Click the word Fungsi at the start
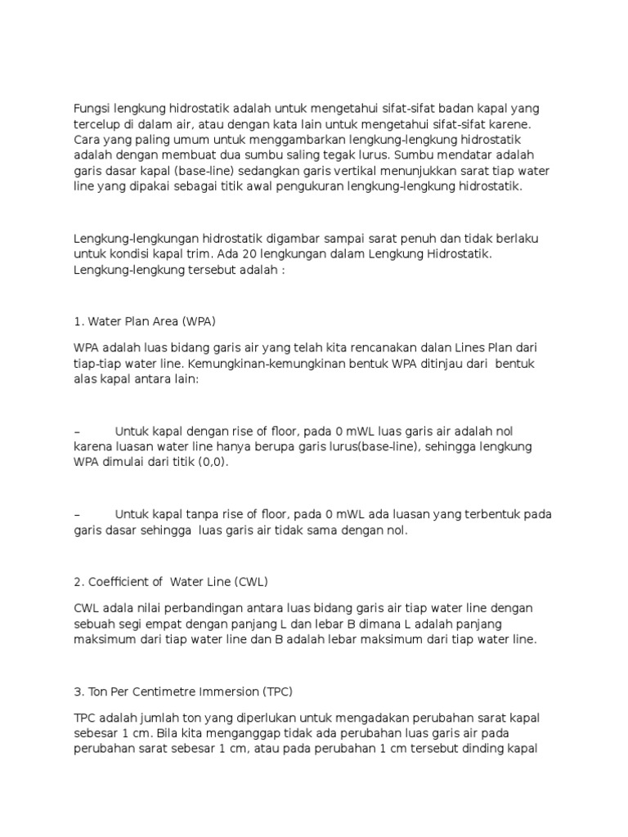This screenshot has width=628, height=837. [x=92, y=109]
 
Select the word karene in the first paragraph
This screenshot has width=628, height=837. [x=510, y=124]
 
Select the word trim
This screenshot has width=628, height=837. [x=207, y=253]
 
